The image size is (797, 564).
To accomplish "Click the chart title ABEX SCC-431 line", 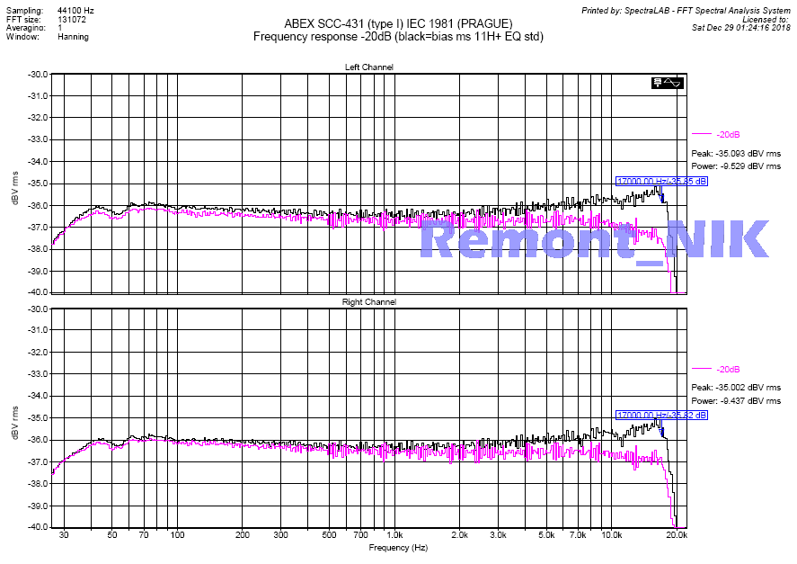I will point(398,22).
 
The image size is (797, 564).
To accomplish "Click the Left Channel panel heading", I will point(368,67).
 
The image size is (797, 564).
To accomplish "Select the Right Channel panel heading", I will point(368,302).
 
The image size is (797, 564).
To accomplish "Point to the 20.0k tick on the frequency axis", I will point(677,535).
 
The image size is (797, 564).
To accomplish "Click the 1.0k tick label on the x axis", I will point(393,535).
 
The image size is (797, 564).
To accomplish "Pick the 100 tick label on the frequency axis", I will point(177,535).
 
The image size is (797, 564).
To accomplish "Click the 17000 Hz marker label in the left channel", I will point(661,181).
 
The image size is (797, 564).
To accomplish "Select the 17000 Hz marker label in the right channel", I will point(661,415).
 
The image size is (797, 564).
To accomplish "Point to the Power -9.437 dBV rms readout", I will point(736,401).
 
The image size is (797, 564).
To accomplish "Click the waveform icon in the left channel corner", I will point(669,83).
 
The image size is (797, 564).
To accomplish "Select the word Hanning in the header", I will point(73,38).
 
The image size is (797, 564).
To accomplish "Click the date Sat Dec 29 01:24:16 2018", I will point(741,28).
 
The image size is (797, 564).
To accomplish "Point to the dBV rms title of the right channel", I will point(14,418).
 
